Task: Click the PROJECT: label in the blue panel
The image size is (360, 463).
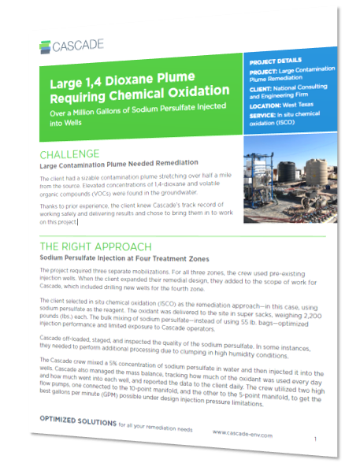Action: (266, 71)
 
